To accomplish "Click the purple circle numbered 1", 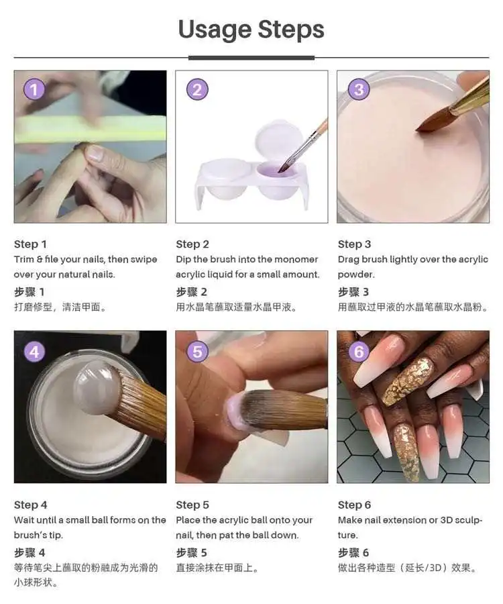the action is [x=34, y=90].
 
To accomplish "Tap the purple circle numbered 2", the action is [x=197, y=90].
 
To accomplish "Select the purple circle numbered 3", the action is [x=359, y=90].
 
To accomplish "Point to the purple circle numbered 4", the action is [x=34, y=351].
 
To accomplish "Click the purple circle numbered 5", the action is [x=197, y=351].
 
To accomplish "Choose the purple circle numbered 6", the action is [x=359, y=351].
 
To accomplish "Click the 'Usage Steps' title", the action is [x=251, y=30].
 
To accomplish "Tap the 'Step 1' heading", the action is [x=30, y=244].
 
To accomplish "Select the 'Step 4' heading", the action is [x=30, y=505].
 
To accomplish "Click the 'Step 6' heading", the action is [x=355, y=505].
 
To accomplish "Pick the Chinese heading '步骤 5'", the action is [x=192, y=553].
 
